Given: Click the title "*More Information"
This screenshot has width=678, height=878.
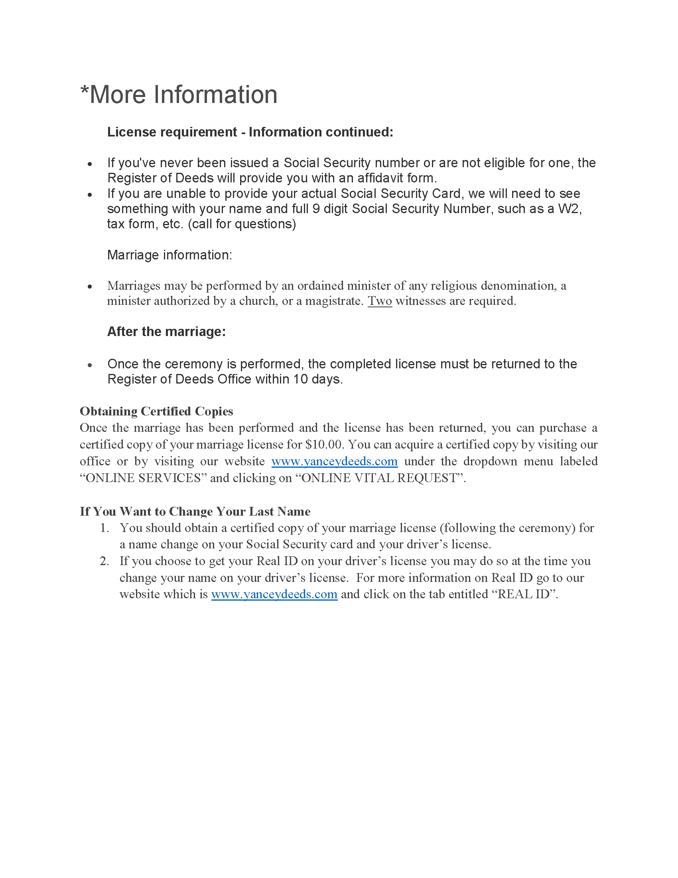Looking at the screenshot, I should (179, 95).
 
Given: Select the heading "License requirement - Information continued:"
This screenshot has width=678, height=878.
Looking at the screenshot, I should (250, 132).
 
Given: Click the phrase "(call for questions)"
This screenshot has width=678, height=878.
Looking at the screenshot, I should (242, 224).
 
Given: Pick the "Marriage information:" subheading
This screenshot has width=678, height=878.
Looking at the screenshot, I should (169, 255).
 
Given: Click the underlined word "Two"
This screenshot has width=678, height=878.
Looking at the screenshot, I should (380, 301).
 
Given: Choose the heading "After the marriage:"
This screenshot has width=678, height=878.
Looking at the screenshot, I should (166, 332).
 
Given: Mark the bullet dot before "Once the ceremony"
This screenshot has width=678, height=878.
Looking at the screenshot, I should (90, 365).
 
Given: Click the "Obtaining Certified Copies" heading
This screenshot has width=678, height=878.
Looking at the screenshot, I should (156, 411).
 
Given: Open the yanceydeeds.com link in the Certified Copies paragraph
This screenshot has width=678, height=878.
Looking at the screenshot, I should (334, 461).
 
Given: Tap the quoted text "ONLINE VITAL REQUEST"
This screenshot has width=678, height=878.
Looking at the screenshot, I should (380, 478).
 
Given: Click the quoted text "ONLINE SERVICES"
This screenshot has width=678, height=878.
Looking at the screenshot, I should (144, 478).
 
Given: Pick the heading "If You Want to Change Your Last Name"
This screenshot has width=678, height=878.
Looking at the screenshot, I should (195, 511).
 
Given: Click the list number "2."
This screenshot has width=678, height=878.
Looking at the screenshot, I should (104, 561).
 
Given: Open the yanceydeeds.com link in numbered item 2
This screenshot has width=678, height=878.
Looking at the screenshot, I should (274, 594).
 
